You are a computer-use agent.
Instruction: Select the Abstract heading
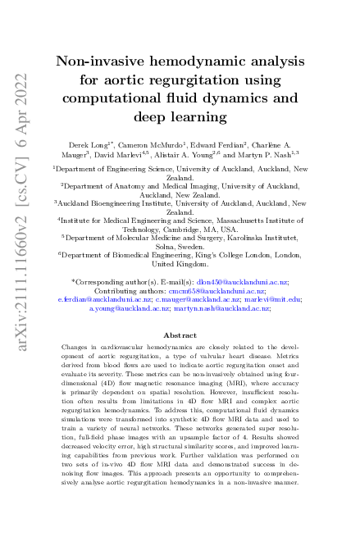tap(180, 335)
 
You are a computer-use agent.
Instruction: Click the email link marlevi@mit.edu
tap(276, 299)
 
